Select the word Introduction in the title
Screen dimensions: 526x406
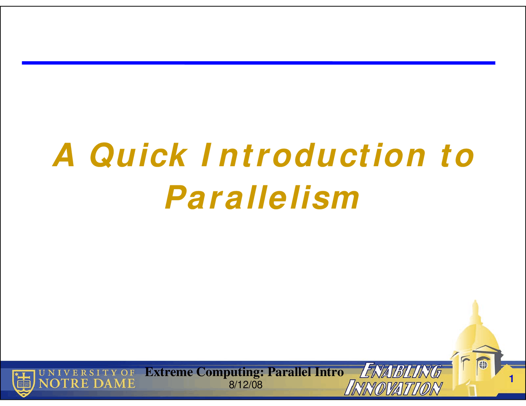click(x=313, y=155)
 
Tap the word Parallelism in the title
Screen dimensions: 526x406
click(x=263, y=197)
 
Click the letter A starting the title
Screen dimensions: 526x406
click(x=64, y=155)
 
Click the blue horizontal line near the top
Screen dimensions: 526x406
click(x=258, y=63)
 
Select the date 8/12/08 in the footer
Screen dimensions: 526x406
click(x=246, y=385)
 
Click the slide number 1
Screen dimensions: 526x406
click(x=511, y=379)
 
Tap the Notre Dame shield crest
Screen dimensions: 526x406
click(x=23, y=383)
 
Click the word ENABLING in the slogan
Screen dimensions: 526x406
click(x=401, y=370)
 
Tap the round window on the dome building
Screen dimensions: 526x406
click(x=483, y=365)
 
